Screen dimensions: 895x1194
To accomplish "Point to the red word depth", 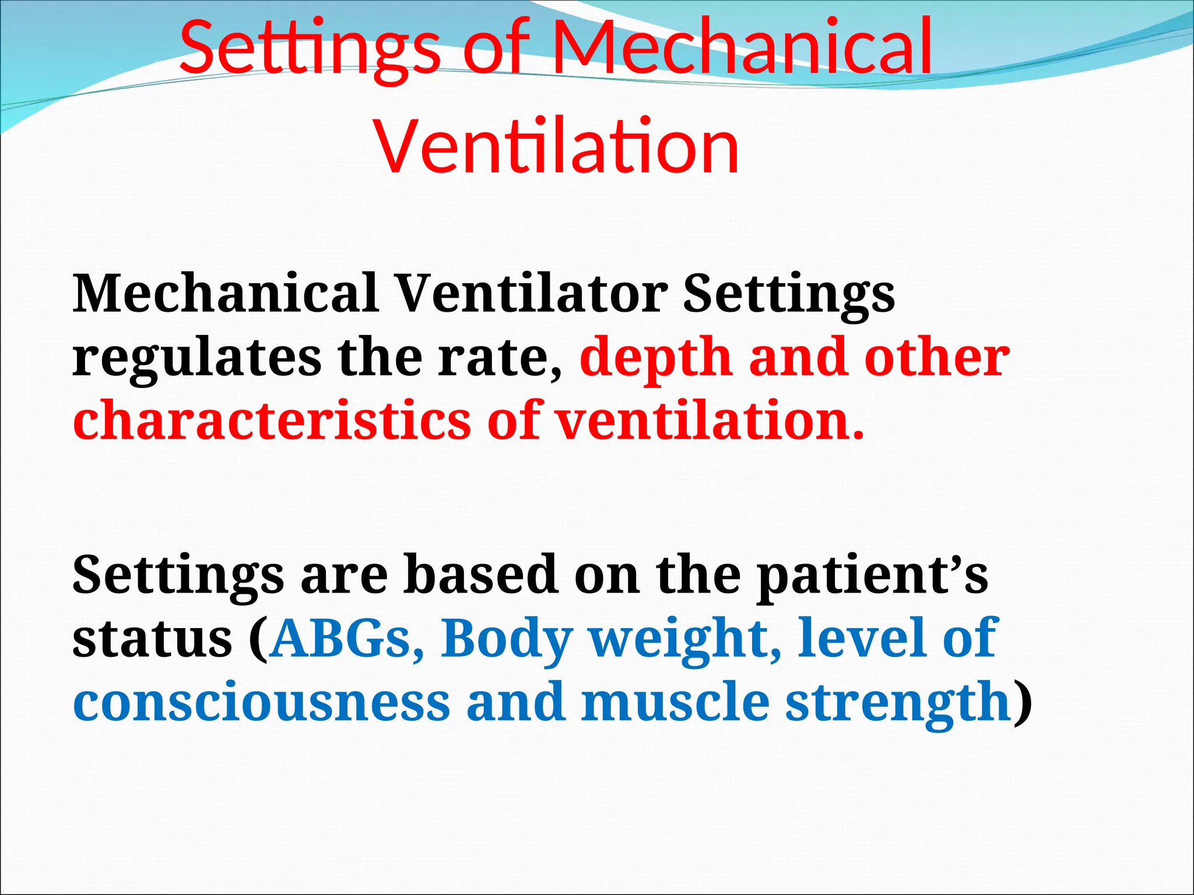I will pos(656,358).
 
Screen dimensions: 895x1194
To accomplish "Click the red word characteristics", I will pos(272,421).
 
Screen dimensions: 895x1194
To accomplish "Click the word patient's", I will pos(872,575).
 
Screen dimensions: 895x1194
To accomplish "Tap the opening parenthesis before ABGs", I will pos(258,639).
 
